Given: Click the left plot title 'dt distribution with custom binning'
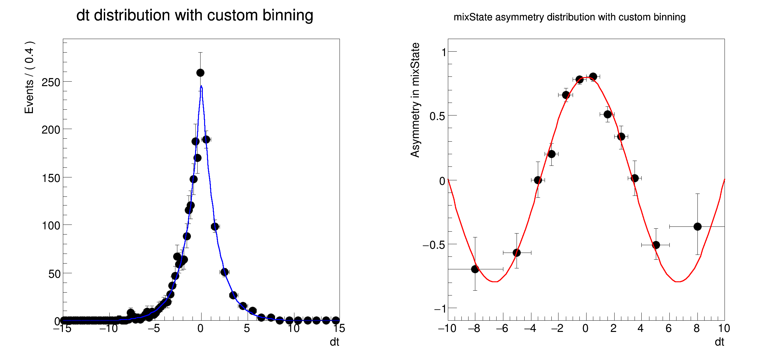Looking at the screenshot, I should point(194,15).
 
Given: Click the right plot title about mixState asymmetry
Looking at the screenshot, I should point(569,17).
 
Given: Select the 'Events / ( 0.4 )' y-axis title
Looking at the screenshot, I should point(29,77).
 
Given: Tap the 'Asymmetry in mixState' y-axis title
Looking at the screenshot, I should point(415,100).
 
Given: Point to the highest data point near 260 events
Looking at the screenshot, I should point(200,73).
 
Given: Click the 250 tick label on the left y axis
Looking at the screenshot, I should point(51,83).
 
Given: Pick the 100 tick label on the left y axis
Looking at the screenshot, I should point(51,226).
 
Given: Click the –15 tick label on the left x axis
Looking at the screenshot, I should point(62,328).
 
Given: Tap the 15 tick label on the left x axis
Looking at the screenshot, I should point(339,328).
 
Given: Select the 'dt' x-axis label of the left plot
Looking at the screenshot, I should point(334,342).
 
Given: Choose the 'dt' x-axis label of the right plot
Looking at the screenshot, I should point(719,342).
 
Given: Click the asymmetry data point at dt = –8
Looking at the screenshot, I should point(475,269).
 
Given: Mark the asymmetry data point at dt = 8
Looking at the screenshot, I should point(697,227).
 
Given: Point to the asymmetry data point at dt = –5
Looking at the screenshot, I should point(517,253).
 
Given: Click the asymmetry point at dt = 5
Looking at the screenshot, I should point(656,245).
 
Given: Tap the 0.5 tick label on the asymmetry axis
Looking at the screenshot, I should point(437,116).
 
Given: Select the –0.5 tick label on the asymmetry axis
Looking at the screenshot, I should point(434,245).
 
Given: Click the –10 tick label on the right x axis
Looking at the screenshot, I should point(447,328).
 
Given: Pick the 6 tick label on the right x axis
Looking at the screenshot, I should point(669,328).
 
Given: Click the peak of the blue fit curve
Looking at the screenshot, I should point(201,86).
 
